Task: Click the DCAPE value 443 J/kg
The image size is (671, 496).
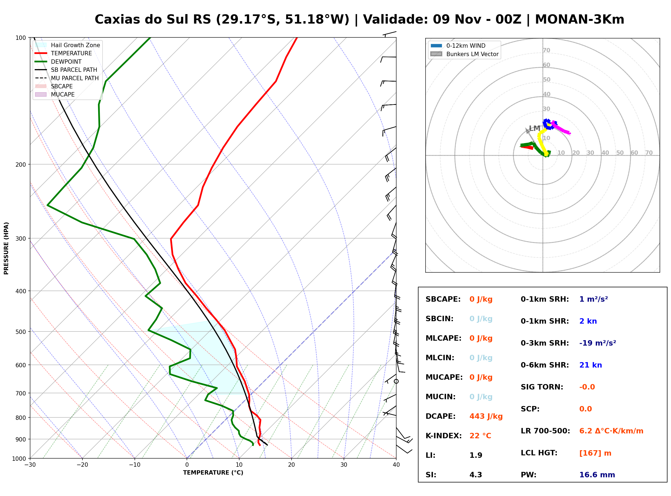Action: [x=486, y=416]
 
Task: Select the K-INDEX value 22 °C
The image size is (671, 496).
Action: [x=480, y=436]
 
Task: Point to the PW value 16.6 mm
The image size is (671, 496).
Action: [x=597, y=475]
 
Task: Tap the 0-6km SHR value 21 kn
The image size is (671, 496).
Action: [x=590, y=365]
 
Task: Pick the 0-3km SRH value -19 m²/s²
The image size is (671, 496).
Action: [x=598, y=343]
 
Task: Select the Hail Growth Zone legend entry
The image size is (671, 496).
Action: [x=67, y=45]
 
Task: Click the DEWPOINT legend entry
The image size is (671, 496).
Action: [x=58, y=62]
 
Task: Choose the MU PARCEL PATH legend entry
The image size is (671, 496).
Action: [x=67, y=78]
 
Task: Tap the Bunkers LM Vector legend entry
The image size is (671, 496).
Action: [x=464, y=54]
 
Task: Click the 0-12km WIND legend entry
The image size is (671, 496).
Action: [x=458, y=46]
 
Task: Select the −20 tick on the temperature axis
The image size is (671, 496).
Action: [x=82, y=465]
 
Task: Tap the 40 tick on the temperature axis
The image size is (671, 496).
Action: [x=396, y=465]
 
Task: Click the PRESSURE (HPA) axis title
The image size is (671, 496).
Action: [x=6, y=248]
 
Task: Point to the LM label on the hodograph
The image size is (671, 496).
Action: [x=535, y=128]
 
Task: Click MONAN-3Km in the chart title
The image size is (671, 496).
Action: [x=580, y=20]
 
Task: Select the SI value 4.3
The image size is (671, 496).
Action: [x=476, y=475]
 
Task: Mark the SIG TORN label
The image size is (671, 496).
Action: [x=542, y=387]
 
